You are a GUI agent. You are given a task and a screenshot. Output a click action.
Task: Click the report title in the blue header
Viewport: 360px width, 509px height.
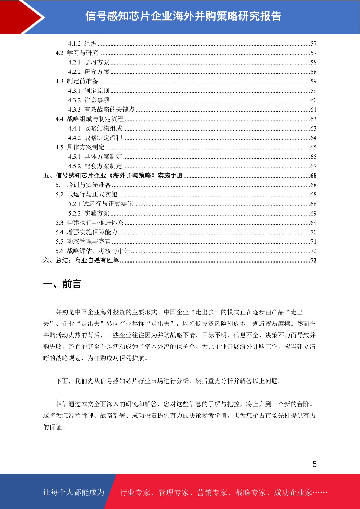(x=183, y=16)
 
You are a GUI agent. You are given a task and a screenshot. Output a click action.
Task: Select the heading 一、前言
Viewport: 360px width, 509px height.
(x=62, y=284)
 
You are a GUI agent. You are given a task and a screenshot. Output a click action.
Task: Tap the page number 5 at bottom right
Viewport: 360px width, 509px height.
(x=315, y=464)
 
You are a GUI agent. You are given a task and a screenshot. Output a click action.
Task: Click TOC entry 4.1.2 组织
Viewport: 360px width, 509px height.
(x=82, y=44)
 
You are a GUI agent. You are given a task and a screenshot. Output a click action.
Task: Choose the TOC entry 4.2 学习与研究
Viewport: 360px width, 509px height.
(x=77, y=53)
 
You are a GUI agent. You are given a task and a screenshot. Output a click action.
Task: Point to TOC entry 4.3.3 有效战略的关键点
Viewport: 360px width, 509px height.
(x=101, y=109)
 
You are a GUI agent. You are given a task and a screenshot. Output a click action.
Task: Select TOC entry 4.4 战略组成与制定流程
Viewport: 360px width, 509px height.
(x=89, y=119)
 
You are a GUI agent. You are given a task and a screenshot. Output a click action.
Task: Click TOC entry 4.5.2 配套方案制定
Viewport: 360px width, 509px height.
(x=95, y=166)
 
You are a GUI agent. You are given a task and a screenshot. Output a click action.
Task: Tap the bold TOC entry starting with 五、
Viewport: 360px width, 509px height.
(x=113, y=176)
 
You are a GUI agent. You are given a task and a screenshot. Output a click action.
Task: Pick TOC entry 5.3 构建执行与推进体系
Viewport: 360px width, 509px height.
(x=89, y=223)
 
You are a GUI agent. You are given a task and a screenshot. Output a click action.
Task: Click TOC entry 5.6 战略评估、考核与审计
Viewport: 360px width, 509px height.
(x=92, y=251)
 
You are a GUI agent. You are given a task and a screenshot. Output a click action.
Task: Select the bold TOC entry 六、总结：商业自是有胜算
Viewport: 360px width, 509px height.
(x=81, y=261)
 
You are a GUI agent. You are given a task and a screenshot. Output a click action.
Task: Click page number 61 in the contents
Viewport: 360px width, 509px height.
(x=313, y=110)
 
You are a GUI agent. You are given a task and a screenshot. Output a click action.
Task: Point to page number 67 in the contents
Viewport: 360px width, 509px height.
(x=313, y=166)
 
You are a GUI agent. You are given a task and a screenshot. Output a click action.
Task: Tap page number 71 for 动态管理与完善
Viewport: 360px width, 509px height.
(x=313, y=242)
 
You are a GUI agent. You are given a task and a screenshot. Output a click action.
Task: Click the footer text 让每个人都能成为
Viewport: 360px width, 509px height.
(x=74, y=492)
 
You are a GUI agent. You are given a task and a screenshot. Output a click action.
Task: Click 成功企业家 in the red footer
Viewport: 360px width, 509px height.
(x=293, y=492)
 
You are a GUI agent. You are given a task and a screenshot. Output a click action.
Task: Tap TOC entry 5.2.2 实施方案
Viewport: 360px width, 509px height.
(x=89, y=213)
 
